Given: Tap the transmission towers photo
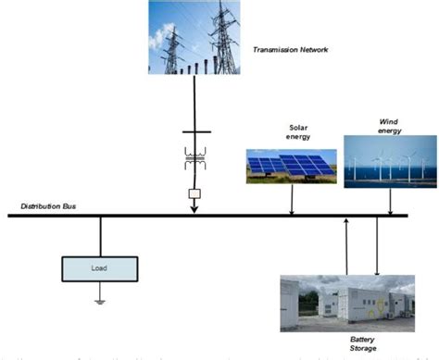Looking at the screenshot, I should point(194,37).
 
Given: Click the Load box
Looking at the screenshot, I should point(99,268).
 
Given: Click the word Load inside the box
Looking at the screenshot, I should point(99,268).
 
